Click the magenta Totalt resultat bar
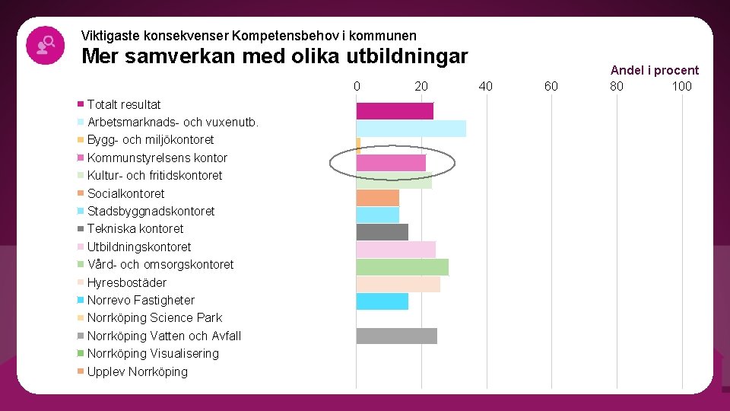[395, 111]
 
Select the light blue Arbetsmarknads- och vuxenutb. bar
[411, 129]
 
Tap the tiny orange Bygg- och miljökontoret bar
[358, 144]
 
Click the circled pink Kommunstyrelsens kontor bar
[391, 162]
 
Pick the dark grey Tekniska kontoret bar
[382, 232]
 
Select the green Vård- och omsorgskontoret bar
[402, 267]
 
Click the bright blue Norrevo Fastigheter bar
[382, 301]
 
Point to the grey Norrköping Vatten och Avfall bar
[396, 336]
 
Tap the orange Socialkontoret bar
[377, 198]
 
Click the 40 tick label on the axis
[486, 86]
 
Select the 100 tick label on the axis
[681, 86]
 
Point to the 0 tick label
[357, 86]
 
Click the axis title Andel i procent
[654, 70]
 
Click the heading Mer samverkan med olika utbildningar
[275, 56]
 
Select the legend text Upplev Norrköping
[137, 371]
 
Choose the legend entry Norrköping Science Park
[154, 317]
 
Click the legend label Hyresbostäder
[126, 282]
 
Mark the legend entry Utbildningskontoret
[139, 247]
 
